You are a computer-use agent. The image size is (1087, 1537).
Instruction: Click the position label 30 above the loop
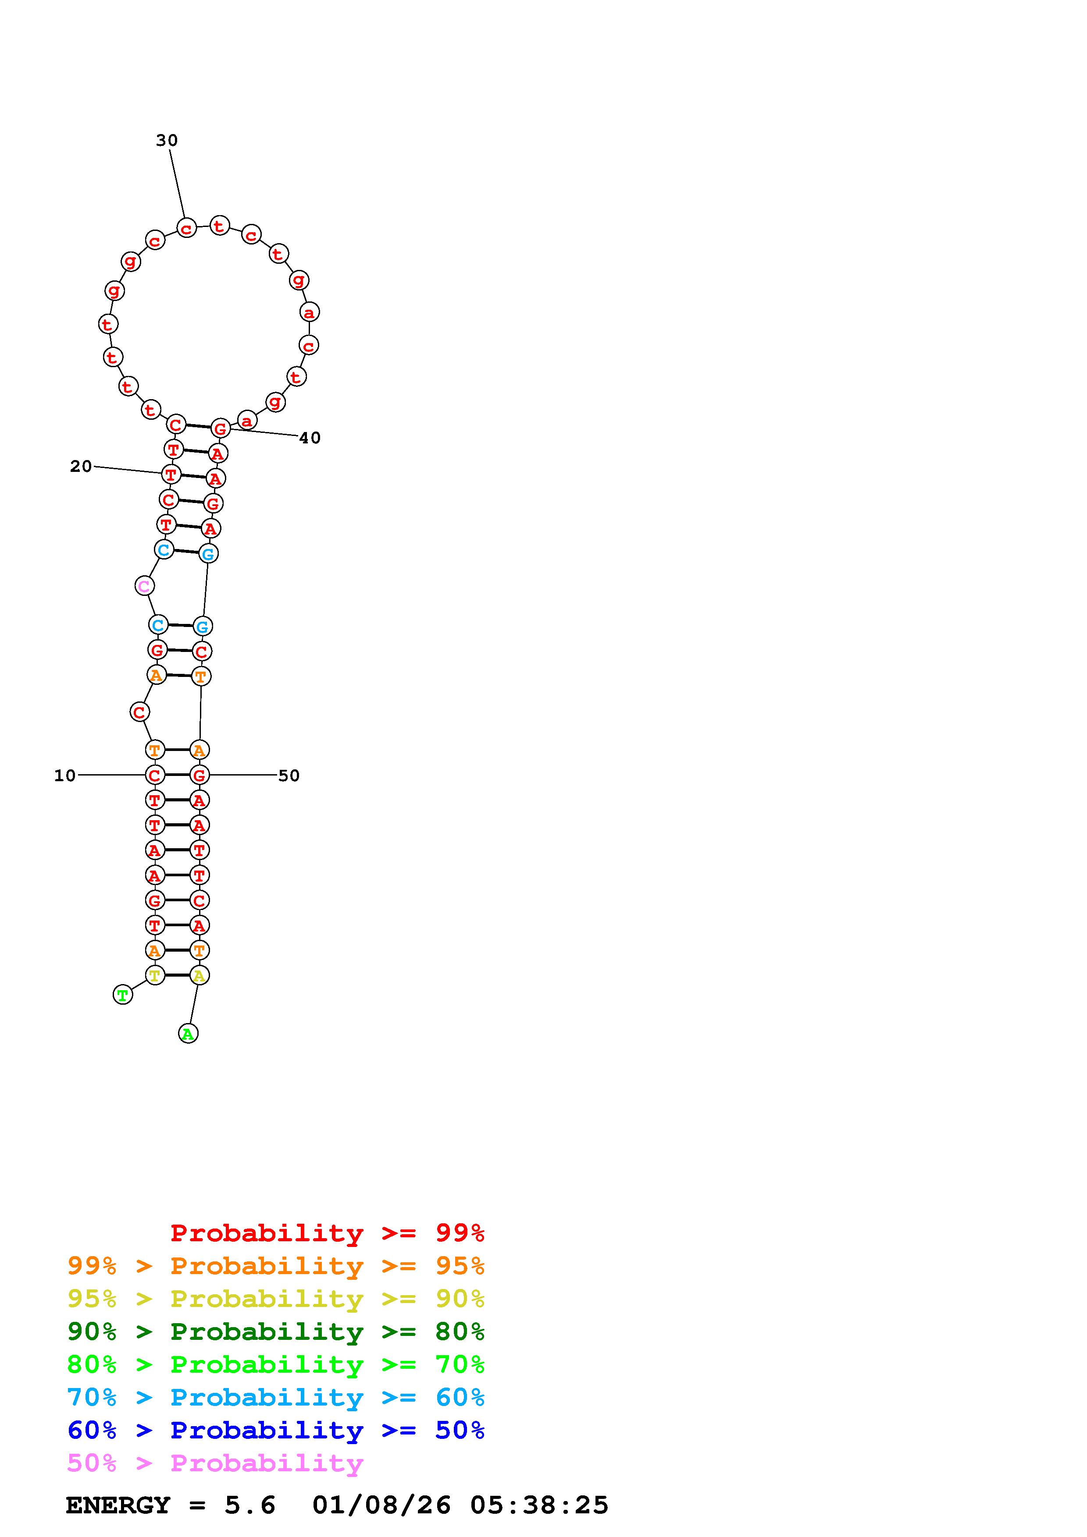pos(167,141)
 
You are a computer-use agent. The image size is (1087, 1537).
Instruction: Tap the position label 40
pos(310,438)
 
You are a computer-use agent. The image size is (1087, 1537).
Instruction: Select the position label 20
pos(81,467)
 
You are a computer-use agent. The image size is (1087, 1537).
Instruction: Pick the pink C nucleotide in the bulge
pos(144,586)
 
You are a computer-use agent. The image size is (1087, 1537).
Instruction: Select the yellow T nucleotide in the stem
pos(155,975)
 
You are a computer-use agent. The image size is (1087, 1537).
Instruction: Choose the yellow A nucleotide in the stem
pos(199,975)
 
